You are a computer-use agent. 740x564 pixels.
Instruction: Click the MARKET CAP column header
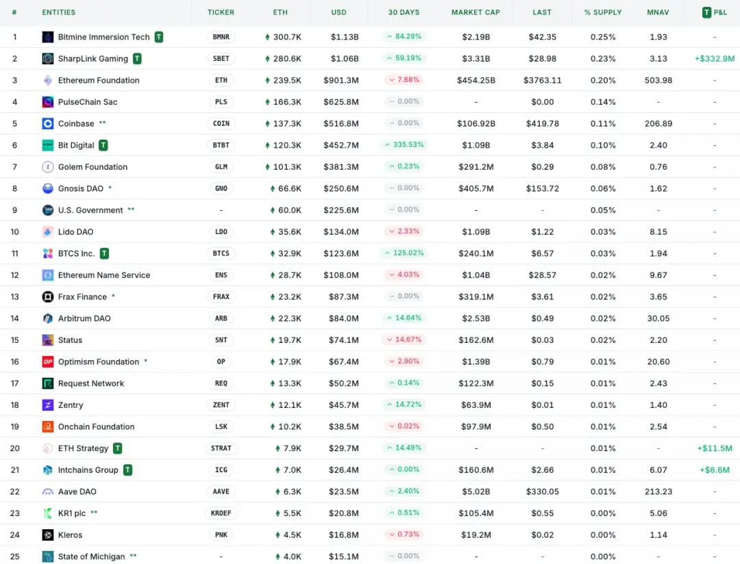476,12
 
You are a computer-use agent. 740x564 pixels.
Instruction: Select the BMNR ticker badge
221,37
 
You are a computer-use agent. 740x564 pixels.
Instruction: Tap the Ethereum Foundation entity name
99,80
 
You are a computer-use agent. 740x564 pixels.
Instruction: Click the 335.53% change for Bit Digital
404,145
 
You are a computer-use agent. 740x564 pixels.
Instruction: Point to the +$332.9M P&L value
714,59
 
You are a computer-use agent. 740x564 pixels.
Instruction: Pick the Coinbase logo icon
48,124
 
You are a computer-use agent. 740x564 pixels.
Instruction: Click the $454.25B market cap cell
476,80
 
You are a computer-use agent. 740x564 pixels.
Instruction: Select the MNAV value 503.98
658,80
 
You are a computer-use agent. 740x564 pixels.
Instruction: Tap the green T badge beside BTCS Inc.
104,253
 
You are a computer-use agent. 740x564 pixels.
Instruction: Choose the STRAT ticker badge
221,448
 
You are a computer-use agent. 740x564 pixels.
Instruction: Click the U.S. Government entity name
90,210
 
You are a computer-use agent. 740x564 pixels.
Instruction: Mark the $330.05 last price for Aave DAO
542,491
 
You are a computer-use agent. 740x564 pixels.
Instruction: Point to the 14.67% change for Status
404,339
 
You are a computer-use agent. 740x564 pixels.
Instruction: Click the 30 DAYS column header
404,12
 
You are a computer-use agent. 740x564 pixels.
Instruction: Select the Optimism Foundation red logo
48,361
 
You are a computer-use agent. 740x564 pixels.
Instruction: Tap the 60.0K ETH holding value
286,210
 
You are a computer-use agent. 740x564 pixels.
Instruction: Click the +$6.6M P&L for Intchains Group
715,470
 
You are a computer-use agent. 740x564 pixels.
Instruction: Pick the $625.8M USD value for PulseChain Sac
341,102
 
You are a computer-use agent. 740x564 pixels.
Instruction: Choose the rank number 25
15,556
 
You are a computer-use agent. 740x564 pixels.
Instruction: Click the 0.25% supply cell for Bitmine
603,37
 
